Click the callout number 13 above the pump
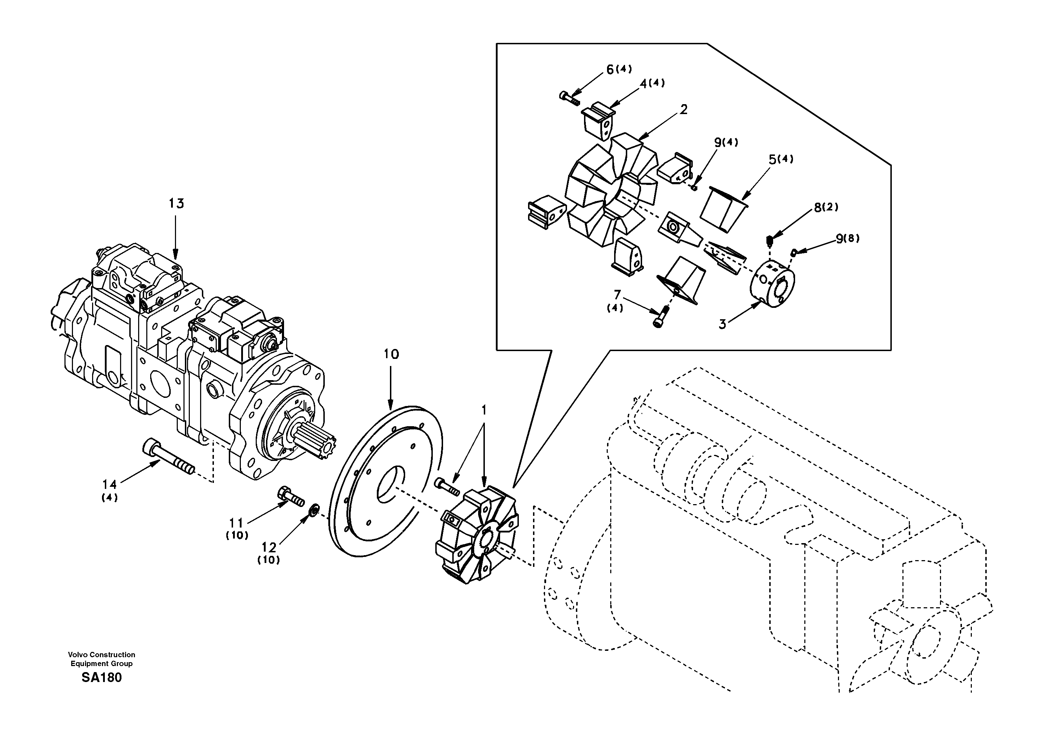coord(176,203)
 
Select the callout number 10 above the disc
coord(391,354)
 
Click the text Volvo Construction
coord(101,654)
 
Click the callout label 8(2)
coord(826,208)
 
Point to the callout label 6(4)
coord(619,69)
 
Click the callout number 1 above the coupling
coord(483,409)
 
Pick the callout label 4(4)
coord(652,83)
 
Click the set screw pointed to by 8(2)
coord(770,240)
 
